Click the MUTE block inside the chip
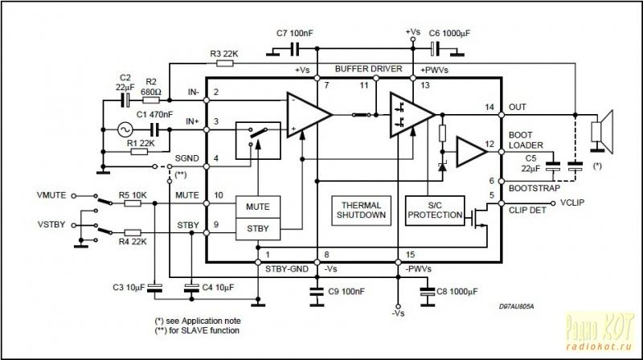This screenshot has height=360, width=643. [x=258, y=207]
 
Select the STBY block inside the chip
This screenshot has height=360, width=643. [x=258, y=229]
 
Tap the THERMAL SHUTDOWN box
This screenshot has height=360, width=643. [x=361, y=211]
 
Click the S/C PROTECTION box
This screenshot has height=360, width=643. [x=435, y=211]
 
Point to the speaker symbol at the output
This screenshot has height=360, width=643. [x=602, y=131]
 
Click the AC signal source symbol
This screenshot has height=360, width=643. [x=125, y=130]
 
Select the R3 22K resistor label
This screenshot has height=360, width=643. [x=224, y=54]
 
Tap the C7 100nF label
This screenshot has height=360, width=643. [x=294, y=33]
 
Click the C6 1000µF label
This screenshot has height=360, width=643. [x=449, y=33]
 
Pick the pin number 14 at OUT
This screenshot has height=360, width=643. [x=489, y=107]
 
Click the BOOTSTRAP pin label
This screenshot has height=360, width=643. [x=534, y=188]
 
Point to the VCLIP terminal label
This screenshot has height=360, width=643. [x=572, y=202]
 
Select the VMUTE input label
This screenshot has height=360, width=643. [x=51, y=195]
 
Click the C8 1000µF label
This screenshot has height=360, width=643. [x=457, y=292]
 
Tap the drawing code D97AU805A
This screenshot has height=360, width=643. [x=516, y=306]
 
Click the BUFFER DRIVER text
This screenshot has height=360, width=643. [x=369, y=69]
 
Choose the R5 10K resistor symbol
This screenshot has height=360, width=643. [x=133, y=203]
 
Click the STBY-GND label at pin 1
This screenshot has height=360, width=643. [x=287, y=269]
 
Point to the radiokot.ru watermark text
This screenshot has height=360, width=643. [x=599, y=346]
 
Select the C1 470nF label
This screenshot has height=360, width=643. [x=154, y=114]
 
